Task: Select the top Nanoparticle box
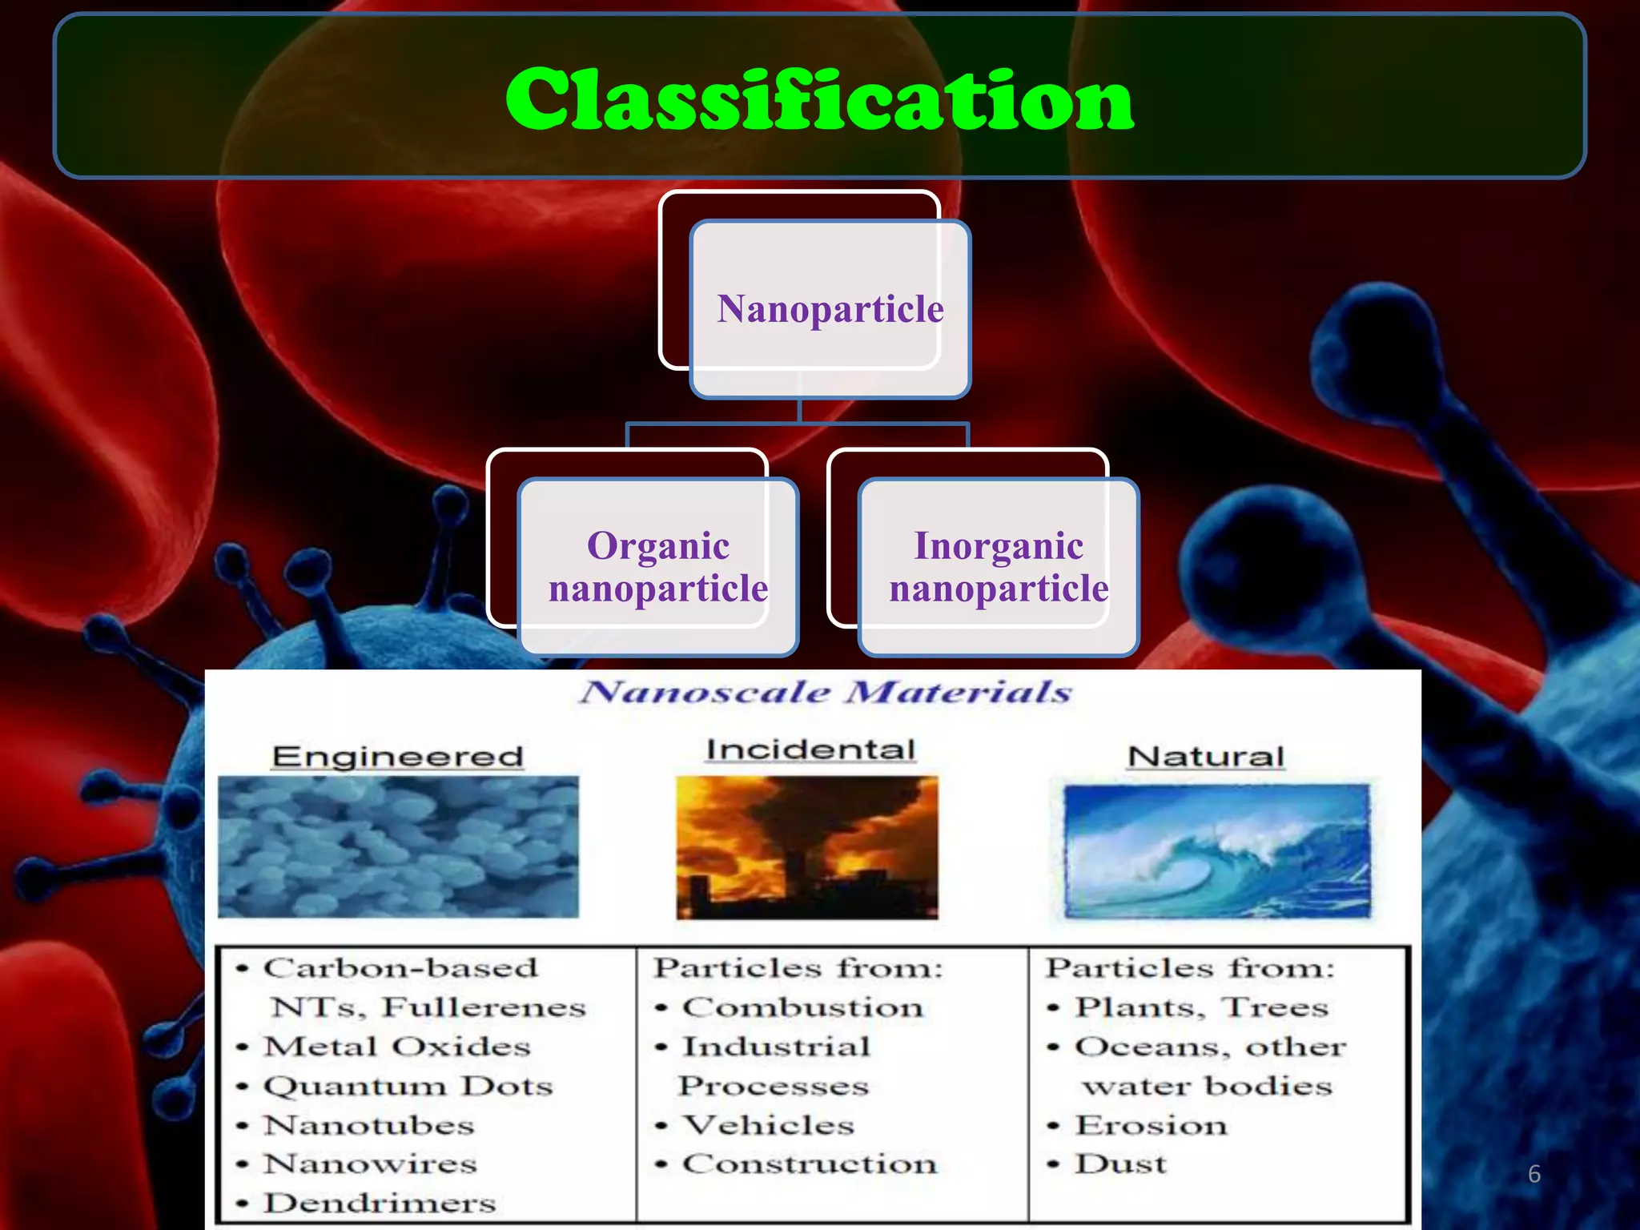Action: point(830,308)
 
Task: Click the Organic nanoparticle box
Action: point(658,566)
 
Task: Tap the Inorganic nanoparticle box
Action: point(999,566)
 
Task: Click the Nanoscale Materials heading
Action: point(826,692)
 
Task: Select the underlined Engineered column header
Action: point(397,757)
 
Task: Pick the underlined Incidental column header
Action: point(810,750)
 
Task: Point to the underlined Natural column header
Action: point(1205,757)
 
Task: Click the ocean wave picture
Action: point(1216,850)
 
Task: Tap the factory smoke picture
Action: point(806,847)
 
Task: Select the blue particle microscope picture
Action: point(398,846)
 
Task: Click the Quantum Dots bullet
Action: point(408,1086)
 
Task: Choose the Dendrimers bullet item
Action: point(380,1203)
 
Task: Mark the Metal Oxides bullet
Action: point(397,1047)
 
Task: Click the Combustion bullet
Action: point(802,1007)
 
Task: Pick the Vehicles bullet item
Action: point(768,1125)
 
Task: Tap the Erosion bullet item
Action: point(1151,1125)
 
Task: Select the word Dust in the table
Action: point(1120,1164)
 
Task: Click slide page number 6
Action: point(1533,1174)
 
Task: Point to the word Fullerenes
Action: point(483,1007)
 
